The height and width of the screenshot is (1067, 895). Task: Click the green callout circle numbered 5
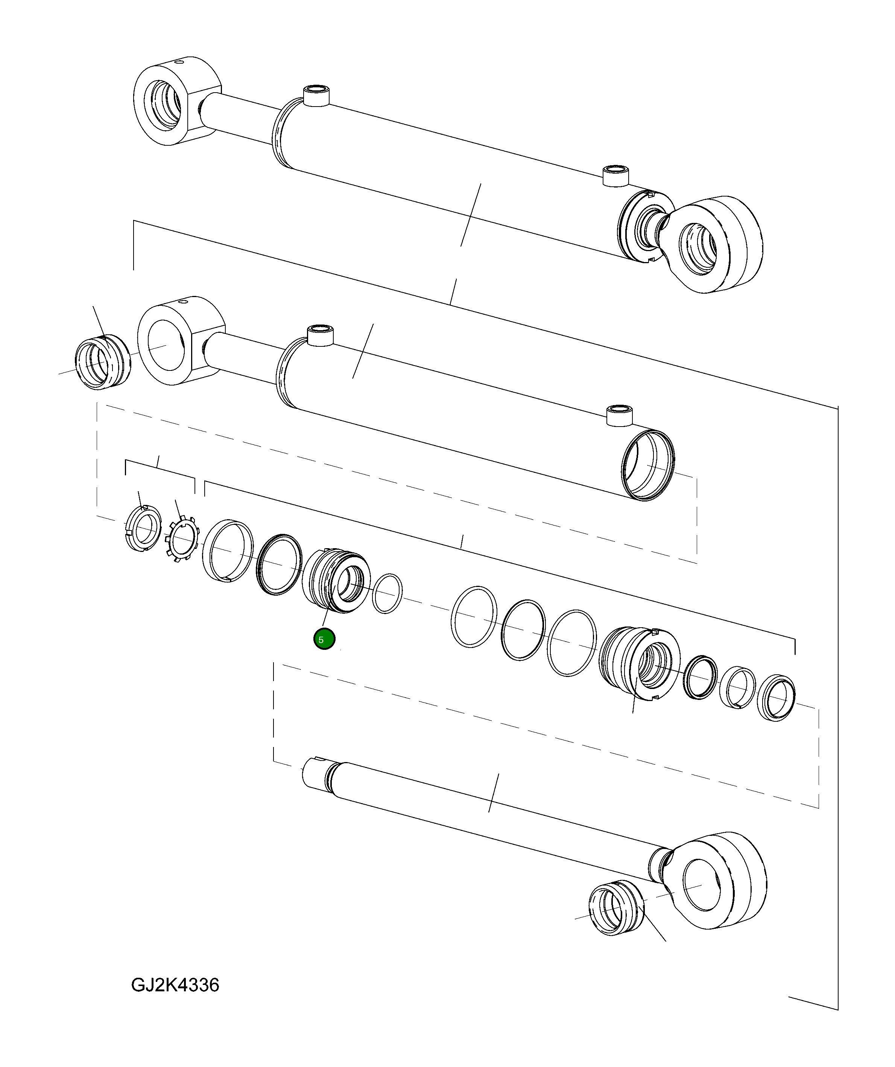click(324, 639)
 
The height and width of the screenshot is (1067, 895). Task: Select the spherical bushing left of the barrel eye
click(102, 362)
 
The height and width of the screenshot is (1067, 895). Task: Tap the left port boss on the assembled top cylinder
click(316, 96)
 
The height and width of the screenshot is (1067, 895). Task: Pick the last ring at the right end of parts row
click(776, 698)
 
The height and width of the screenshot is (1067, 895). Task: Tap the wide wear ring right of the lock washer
click(228, 551)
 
